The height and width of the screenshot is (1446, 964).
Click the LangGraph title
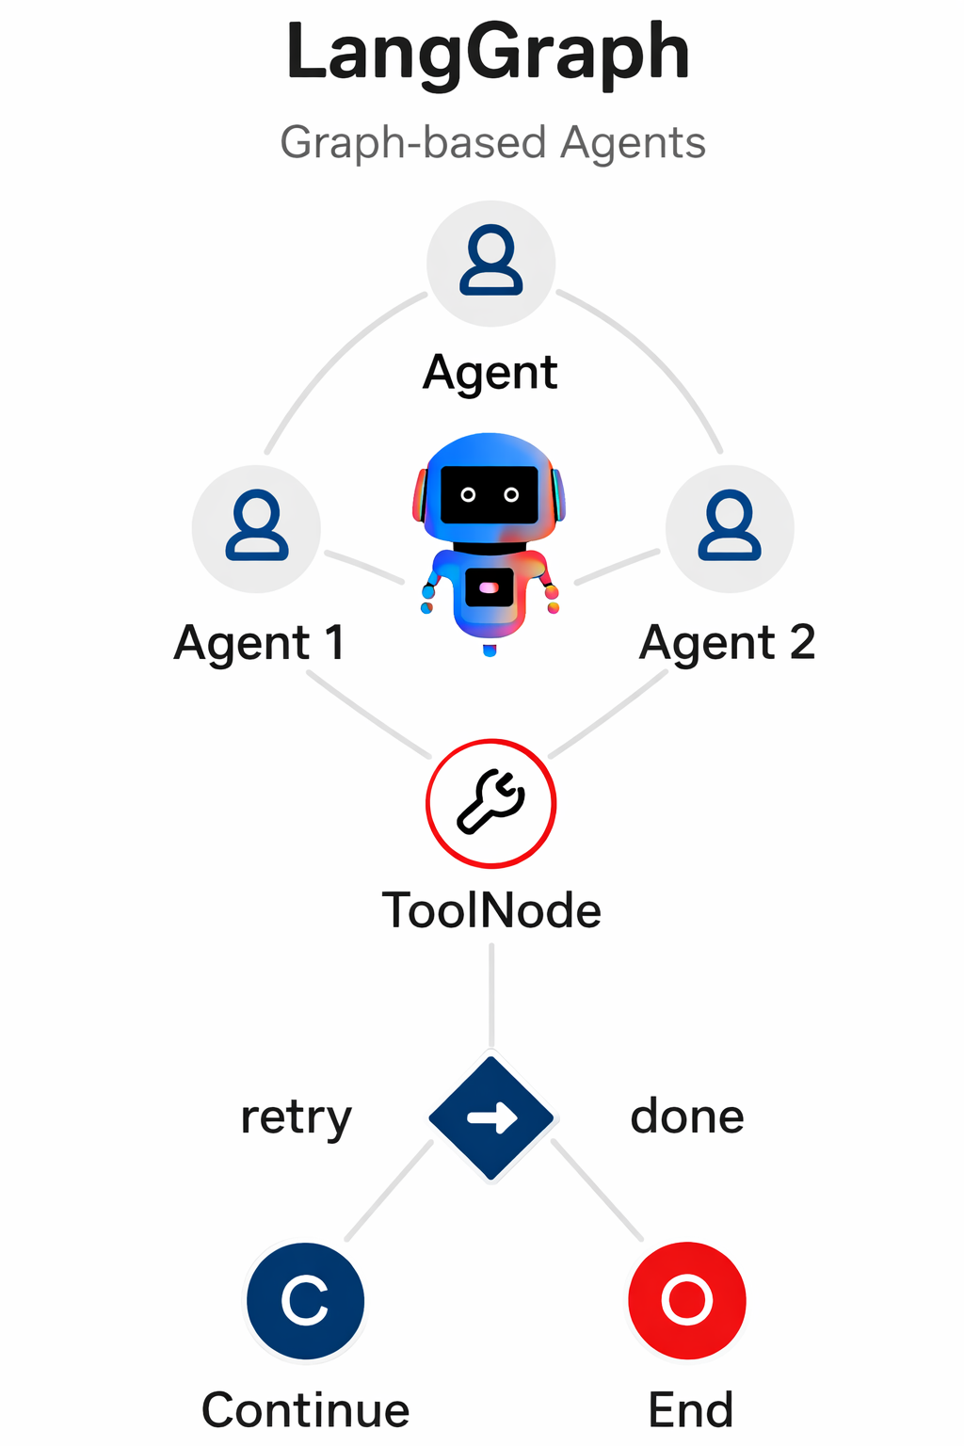488,54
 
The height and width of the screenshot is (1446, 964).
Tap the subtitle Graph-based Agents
492,143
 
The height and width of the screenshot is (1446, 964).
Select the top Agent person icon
490,262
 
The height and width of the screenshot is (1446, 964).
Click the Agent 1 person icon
256,527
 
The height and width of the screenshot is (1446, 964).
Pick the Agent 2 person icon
730,527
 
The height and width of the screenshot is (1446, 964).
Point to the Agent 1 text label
259,644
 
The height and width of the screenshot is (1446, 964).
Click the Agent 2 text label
727,644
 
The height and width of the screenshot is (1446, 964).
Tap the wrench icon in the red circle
490,803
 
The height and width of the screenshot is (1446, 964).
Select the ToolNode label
490,911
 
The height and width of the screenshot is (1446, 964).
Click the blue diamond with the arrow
490,1118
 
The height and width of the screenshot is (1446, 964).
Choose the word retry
296,1118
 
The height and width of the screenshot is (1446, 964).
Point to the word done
687,1117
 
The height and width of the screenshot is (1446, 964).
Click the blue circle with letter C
305,1301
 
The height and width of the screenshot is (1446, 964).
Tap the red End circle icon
687,1301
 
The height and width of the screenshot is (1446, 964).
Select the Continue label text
305,1409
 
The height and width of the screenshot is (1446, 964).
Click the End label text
690,1409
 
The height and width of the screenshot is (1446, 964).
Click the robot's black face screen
490,494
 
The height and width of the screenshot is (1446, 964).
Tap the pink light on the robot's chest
489,587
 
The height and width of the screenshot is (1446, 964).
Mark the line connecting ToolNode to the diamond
491,996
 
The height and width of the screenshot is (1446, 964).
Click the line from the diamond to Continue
389,1191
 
